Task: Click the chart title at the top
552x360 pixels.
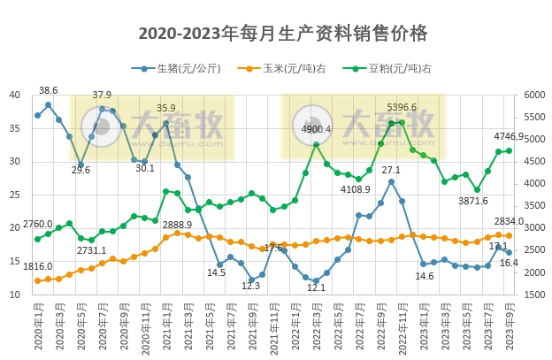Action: tap(283, 34)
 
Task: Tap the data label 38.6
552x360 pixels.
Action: tap(49, 90)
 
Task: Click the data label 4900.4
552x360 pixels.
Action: tap(316, 129)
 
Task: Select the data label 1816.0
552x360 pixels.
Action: tap(37, 266)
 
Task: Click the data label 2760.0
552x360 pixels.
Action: tap(37, 225)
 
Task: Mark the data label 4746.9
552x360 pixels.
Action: tap(509, 136)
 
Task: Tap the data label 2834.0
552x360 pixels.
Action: tap(509, 221)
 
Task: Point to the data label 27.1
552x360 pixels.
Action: tap(391, 169)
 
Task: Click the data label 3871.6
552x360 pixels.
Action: tap(473, 202)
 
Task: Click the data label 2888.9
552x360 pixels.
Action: tap(177, 226)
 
